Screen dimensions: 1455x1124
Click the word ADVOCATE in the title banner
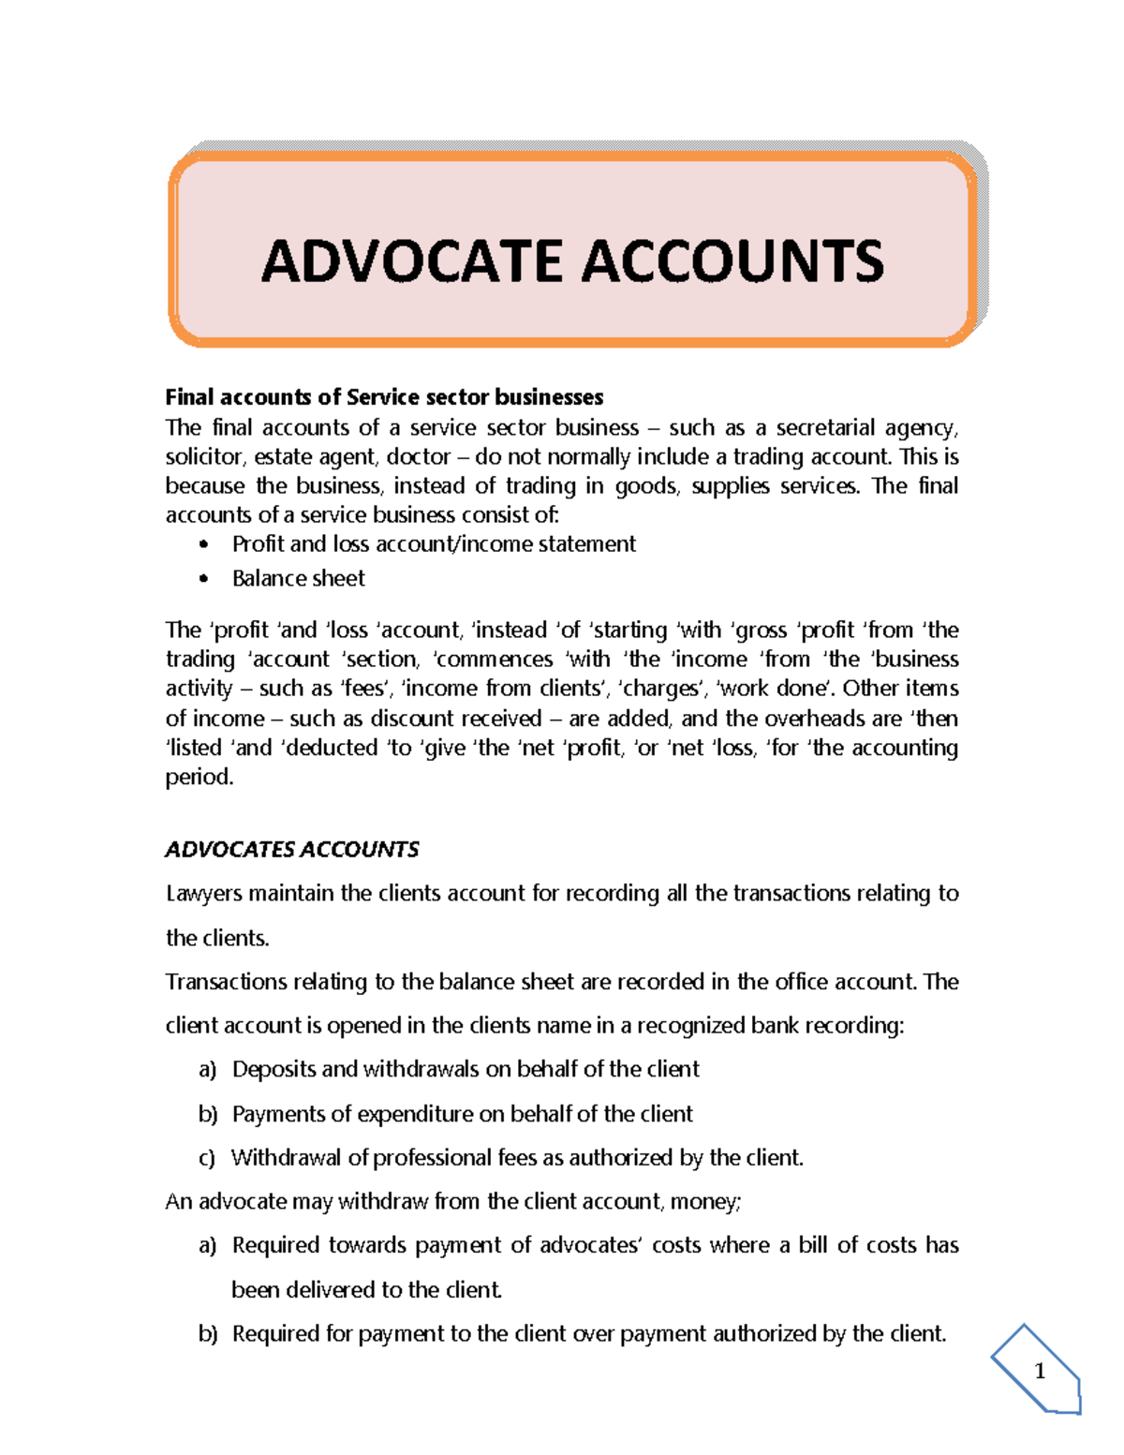point(413,261)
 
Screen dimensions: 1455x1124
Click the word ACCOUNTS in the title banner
point(732,261)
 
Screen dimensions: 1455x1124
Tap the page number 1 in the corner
point(1039,1372)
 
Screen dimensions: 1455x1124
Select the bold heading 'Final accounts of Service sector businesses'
point(384,397)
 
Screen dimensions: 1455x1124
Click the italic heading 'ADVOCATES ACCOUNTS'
point(291,850)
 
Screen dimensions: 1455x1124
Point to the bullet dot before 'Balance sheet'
point(204,580)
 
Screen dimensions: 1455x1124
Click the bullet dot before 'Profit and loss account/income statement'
point(204,545)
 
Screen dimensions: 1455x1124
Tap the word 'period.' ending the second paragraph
point(199,777)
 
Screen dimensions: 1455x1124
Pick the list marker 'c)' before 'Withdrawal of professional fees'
point(207,1158)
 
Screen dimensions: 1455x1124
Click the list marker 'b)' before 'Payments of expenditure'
point(207,1114)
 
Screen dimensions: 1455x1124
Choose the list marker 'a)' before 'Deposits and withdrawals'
point(207,1070)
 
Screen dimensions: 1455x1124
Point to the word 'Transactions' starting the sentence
point(226,982)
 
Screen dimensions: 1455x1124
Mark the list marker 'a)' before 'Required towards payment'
point(207,1246)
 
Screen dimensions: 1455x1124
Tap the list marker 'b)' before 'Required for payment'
point(207,1334)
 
